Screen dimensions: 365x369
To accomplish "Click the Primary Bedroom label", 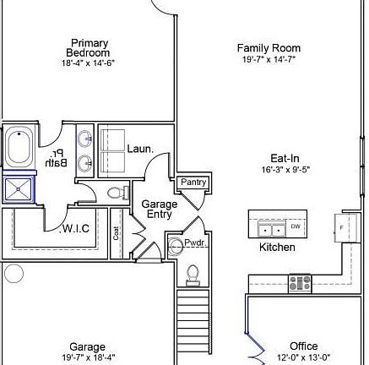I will point(89,48).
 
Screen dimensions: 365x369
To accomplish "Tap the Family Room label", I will point(269,48).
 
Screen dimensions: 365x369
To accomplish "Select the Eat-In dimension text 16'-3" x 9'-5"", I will point(285,170).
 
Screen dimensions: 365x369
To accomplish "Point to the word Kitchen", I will point(277,248).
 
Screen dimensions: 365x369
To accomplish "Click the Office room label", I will point(304,346).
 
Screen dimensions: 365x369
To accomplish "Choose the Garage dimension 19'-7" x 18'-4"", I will point(87,357).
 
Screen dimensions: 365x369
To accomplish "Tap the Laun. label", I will point(140,149).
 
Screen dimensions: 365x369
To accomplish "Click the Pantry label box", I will point(193,182).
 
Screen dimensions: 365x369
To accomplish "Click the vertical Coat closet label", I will point(117,231).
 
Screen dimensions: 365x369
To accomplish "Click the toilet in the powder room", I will point(193,273).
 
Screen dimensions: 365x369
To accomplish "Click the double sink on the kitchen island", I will point(271,229).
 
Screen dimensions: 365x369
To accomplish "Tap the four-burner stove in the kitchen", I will point(300,283).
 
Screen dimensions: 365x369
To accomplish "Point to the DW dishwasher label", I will point(296,226).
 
